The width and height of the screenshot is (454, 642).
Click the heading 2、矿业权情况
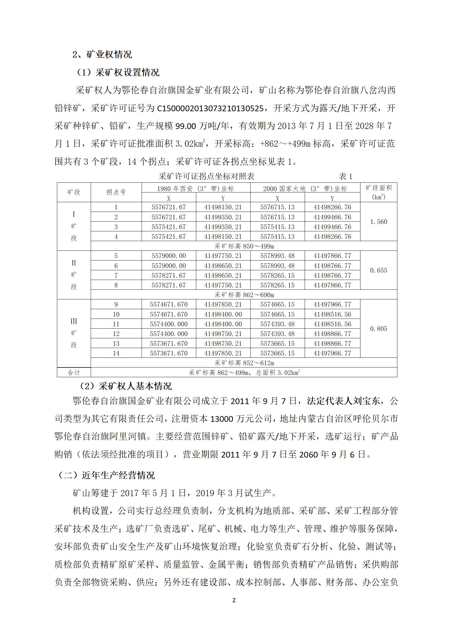102,54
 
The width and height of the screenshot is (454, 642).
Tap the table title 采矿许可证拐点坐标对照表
207,176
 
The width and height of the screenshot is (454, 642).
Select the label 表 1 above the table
346,176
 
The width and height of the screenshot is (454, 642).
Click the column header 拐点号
116,192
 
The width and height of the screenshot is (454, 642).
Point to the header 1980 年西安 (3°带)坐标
196,188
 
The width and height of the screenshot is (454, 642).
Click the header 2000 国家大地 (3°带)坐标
305,188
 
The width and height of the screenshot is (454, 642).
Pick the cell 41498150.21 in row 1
223,207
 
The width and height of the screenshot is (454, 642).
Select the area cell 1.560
378,222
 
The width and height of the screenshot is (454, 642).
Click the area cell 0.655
378,271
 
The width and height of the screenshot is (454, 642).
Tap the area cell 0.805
378,329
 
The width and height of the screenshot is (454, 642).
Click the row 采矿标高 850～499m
244,246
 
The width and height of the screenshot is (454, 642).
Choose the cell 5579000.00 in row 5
169,256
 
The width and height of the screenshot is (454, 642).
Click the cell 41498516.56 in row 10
332,315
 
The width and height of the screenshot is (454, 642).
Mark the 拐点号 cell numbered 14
116,353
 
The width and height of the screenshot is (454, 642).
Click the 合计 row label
74,373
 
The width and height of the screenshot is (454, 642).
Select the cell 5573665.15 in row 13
277,344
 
